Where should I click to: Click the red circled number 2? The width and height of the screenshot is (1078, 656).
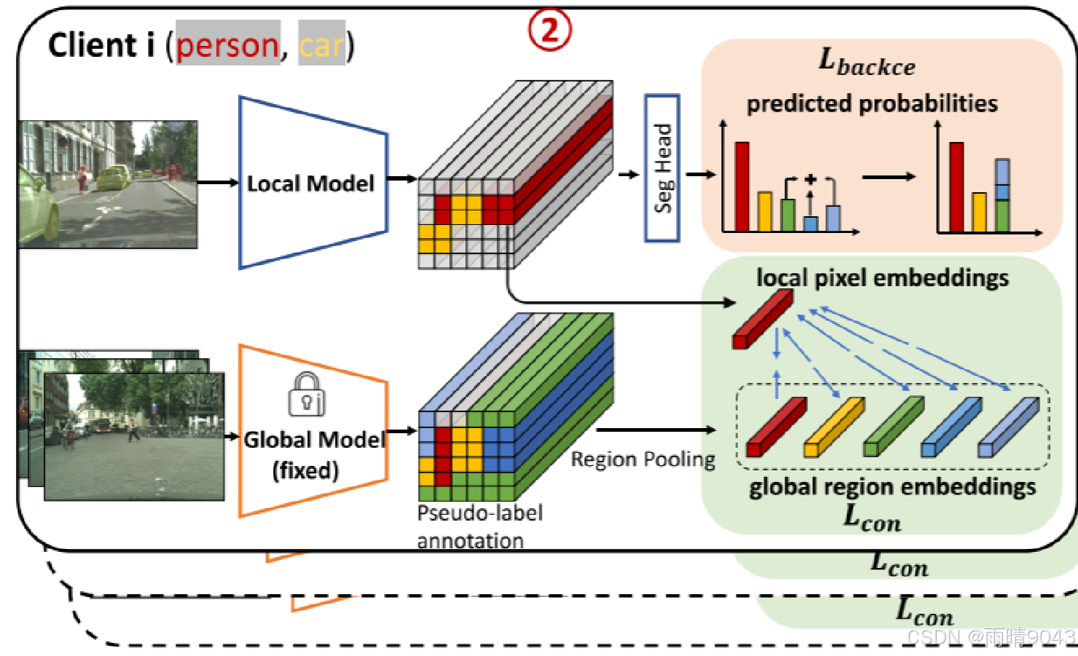(x=549, y=31)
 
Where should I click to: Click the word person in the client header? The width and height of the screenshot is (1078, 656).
(x=227, y=45)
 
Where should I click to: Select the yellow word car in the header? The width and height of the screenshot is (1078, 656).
(x=320, y=45)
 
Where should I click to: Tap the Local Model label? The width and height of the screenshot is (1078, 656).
(x=310, y=183)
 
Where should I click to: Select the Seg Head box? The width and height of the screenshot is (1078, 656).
(x=662, y=168)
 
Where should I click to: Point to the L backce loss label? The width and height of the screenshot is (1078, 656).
(x=867, y=63)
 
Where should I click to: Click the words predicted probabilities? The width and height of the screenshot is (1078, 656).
(x=872, y=103)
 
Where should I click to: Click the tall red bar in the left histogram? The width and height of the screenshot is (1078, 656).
(x=741, y=186)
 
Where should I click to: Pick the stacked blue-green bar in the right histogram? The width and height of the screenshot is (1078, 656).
(x=1002, y=195)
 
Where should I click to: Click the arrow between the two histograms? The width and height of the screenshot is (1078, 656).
(x=889, y=176)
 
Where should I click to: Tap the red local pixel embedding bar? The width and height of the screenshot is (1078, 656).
(x=762, y=319)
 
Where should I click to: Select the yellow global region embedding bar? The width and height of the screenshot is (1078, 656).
(x=834, y=427)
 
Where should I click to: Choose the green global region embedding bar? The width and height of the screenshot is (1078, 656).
(x=893, y=427)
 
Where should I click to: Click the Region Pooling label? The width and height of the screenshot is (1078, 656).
(x=642, y=459)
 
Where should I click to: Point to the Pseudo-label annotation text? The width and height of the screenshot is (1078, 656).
(x=479, y=526)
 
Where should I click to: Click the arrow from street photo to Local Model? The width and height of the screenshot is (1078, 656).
(x=218, y=182)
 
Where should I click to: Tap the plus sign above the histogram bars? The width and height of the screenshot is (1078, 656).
(x=810, y=179)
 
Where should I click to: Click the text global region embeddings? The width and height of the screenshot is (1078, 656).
(x=892, y=486)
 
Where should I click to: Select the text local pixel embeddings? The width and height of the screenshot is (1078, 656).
(x=882, y=277)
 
